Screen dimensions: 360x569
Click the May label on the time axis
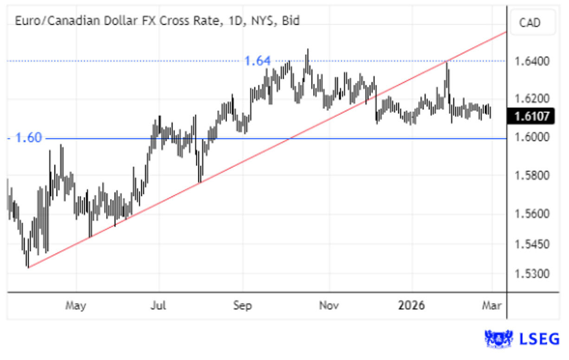(76, 306)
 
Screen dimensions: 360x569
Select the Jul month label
(159, 306)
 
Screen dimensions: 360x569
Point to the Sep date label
(242, 306)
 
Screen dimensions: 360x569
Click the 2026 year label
(412, 306)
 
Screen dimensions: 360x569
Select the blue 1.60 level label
(29, 138)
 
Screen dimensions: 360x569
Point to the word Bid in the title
(291, 20)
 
